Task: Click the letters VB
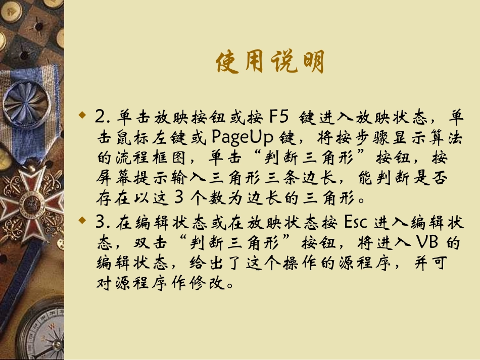tap(428, 242)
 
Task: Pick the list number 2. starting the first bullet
tap(102, 117)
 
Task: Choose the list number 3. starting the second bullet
tap(102, 222)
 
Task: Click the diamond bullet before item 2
tap(83, 117)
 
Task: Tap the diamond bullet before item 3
tap(83, 221)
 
